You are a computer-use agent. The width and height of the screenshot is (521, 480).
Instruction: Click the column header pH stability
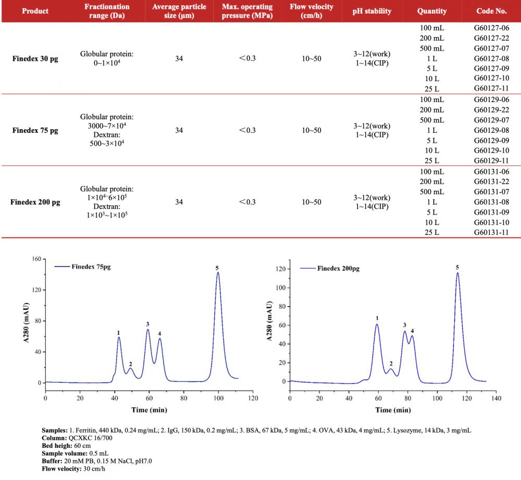[x=372, y=11]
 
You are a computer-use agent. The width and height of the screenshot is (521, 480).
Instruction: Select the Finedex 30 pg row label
[x=35, y=58]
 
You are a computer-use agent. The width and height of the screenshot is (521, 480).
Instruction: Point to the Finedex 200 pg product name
[x=35, y=202]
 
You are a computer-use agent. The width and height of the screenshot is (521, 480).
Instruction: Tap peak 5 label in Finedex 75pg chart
[x=217, y=268]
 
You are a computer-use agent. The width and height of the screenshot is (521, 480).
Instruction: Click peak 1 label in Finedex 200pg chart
[x=377, y=318]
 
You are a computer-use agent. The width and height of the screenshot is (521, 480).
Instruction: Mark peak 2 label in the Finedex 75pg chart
[x=130, y=364]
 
